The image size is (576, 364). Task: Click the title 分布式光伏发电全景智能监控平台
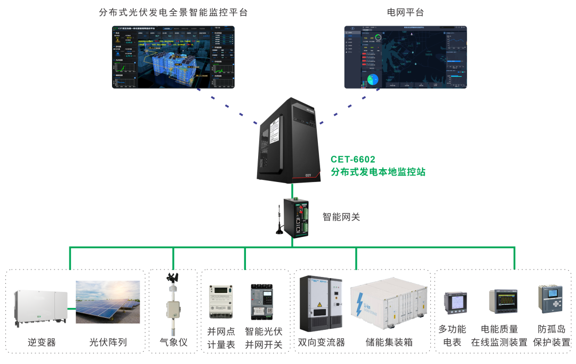pyautogui.click(x=173, y=12)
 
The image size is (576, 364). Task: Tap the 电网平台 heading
pyautogui.click(x=405, y=12)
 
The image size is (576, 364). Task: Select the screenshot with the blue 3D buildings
pyautogui.click(x=173, y=57)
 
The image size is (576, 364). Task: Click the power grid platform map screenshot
pyautogui.click(x=405, y=57)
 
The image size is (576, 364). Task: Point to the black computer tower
pyautogui.click(x=289, y=140)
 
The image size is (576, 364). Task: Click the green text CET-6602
pyautogui.click(x=353, y=159)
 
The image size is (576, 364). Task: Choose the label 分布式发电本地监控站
pyautogui.click(x=378, y=172)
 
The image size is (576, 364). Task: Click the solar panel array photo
pyautogui.click(x=108, y=302)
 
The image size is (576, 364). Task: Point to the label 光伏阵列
pyautogui.click(x=108, y=342)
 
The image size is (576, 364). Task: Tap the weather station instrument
pyautogui.click(x=173, y=302)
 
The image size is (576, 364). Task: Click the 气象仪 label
pyautogui.click(x=173, y=342)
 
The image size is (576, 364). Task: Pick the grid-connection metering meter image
pyautogui.click(x=221, y=301)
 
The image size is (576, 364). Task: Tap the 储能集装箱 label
pyautogui.click(x=389, y=342)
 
